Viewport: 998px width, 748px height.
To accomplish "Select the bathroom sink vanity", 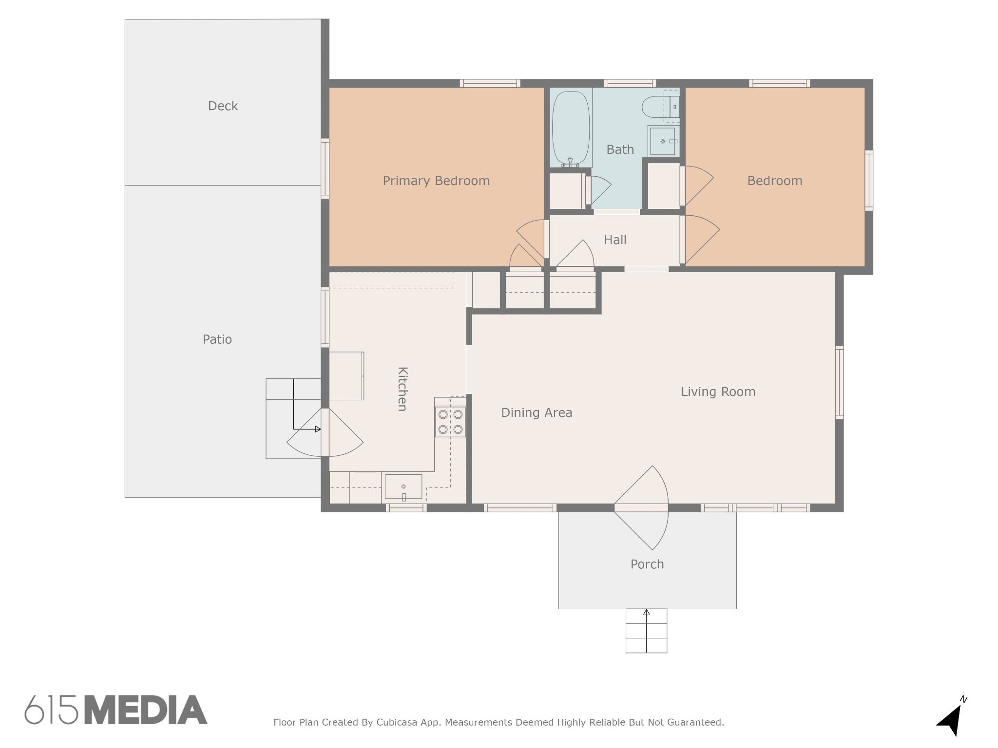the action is pos(664,141).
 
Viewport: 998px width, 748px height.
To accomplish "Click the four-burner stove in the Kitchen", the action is pos(450,422).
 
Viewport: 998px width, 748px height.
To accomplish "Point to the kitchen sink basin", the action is pos(403,486).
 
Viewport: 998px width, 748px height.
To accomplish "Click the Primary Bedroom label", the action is pos(436,181).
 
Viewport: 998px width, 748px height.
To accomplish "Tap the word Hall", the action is pos(615,240).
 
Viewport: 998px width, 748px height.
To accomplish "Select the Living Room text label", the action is pos(718,392).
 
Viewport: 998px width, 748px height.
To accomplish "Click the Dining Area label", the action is pos(537,412).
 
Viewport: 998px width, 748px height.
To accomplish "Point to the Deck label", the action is pos(223,106).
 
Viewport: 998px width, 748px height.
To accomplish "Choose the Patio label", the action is pos(217,339).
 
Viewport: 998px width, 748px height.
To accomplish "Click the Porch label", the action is pos(647,564).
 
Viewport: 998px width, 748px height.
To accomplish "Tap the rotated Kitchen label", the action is pos(403,389).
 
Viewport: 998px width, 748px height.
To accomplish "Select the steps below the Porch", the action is pos(646,631).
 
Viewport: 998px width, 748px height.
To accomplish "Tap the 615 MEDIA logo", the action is pos(116,710).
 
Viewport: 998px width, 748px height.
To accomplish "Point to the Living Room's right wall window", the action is pos(839,382).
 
